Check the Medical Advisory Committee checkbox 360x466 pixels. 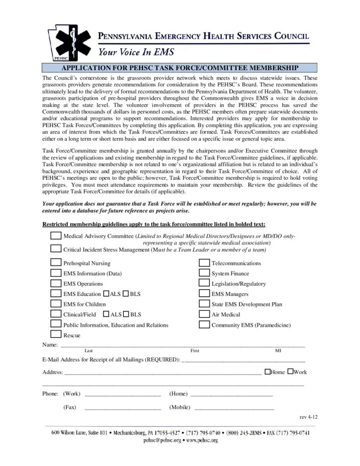pyautogui.click(x=56, y=236)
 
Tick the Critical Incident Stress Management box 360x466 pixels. pyautogui.click(x=56, y=248)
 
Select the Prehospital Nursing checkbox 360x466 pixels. pyautogui.click(x=56, y=263)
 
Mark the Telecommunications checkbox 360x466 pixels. pyautogui.click(x=204, y=263)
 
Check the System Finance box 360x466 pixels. pyautogui.click(x=204, y=273)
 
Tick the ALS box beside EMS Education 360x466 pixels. pyautogui.click(x=106, y=294)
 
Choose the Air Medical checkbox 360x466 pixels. pyautogui.click(x=204, y=314)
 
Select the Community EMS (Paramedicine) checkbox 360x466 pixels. pyautogui.click(x=204, y=324)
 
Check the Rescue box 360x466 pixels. pyautogui.click(x=56, y=334)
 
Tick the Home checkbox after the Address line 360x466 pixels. pyautogui.click(x=267, y=372)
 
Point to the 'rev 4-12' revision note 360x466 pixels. pyautogui.click(x=308, y=417)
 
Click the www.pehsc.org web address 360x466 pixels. pyautogui.click(x=202, y=441)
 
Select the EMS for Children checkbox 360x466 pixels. pyautogui.click(x=56, y=304)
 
